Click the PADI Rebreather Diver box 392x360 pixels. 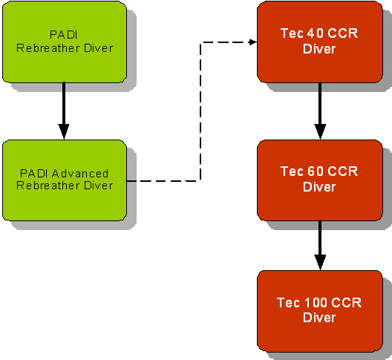pos(65,42)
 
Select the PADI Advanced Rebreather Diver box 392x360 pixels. pos(65,180)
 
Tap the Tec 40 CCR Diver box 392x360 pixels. pos(320,42)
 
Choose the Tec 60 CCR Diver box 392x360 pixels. pos(320,180)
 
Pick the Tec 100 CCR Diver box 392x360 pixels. pos(320,311)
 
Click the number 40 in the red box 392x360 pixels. pos(316,33)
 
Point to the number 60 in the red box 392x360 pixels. pos(316,171)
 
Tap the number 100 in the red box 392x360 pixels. pos(316,303)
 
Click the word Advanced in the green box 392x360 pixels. pos(80,174)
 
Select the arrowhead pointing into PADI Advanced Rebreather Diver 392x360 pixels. pos(64,131)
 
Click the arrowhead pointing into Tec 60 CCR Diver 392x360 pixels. pos(320,131)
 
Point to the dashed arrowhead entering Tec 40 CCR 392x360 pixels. pos(253,42)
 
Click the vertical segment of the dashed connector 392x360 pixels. pos(200,111)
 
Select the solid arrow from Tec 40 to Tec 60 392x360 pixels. pos(320,111)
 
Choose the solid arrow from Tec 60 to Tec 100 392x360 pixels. pos(320,246)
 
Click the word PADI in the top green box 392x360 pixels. pos(64,35)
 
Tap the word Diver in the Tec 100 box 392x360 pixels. pos(319,318)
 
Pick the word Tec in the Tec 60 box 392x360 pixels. pos(291,171)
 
